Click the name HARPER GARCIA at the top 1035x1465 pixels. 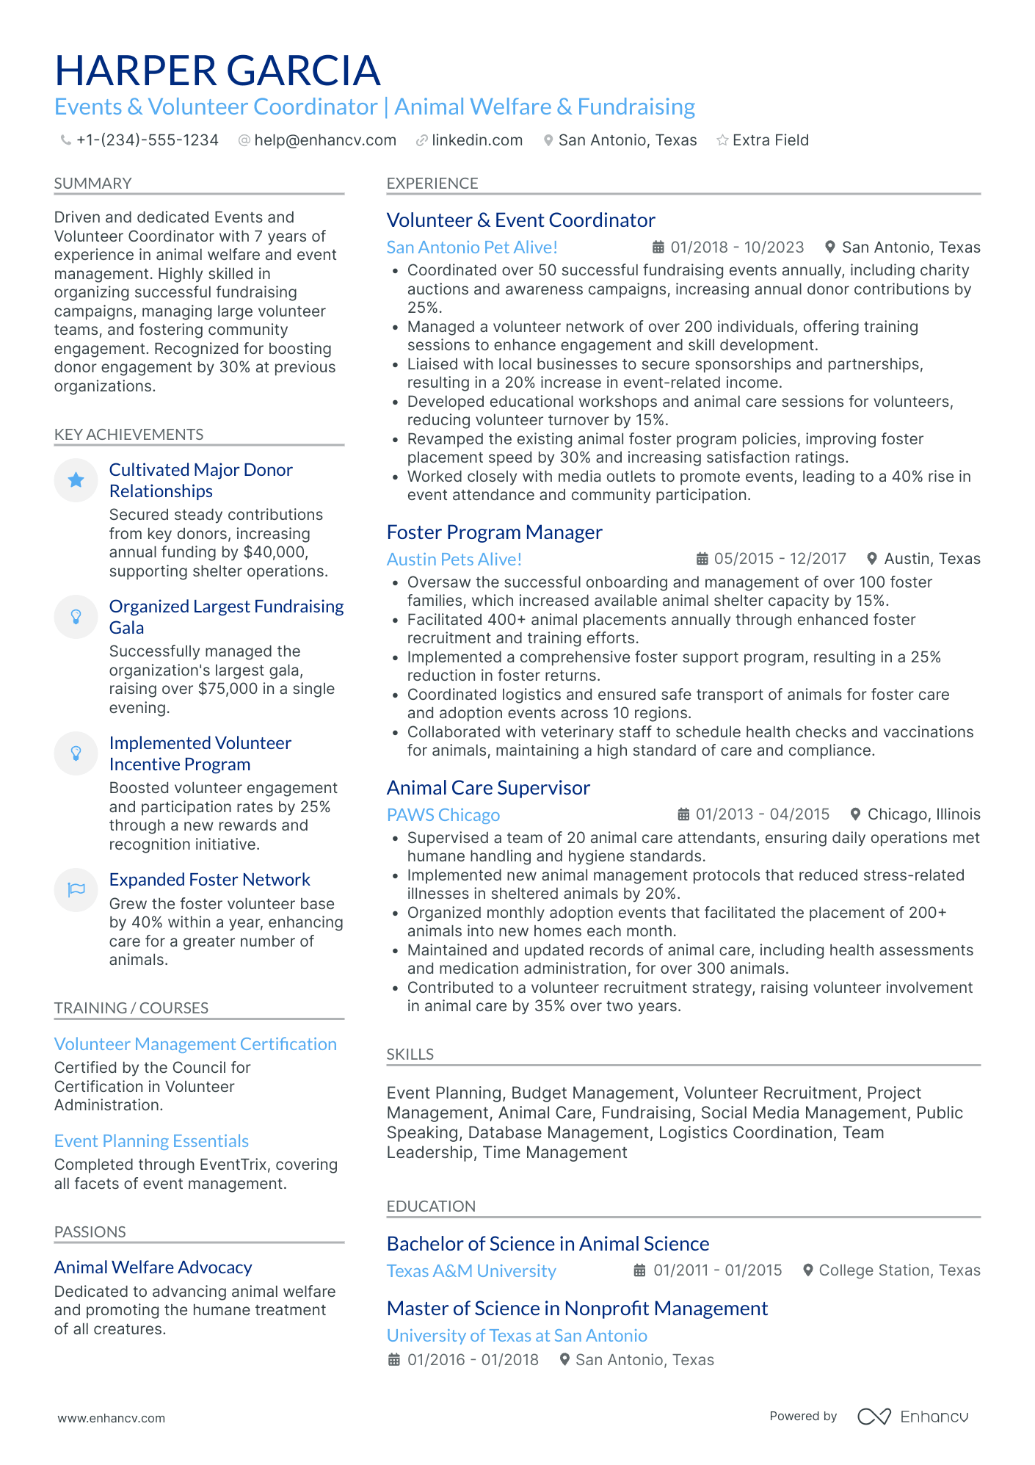pos(217,70)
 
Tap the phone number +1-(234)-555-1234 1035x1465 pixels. pos(147,140)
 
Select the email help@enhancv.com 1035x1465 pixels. pos(324,140)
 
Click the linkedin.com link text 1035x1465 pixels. pos(476,140)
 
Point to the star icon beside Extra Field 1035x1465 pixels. pos(722,140)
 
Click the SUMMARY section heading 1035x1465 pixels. pos(92,184)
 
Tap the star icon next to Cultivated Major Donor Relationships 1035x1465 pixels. pos(76,480)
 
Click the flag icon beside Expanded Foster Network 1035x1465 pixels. pos(76,890)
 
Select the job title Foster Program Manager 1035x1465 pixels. pos(494,532)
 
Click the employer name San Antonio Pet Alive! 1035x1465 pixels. pos(472,247)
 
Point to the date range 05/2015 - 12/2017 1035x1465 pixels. pos(780,559)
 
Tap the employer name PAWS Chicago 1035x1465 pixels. pos(443,815)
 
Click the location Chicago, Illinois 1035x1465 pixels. pos(923,814)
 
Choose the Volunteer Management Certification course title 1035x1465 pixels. pos(195,1044)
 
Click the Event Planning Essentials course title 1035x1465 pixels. pos(151,1141)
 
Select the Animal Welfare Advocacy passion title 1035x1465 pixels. pos(153,1267)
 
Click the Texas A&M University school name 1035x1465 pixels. pos(471,1271)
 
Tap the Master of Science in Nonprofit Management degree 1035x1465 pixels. pos(577,1309)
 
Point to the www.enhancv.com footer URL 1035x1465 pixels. pos(112,1418)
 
